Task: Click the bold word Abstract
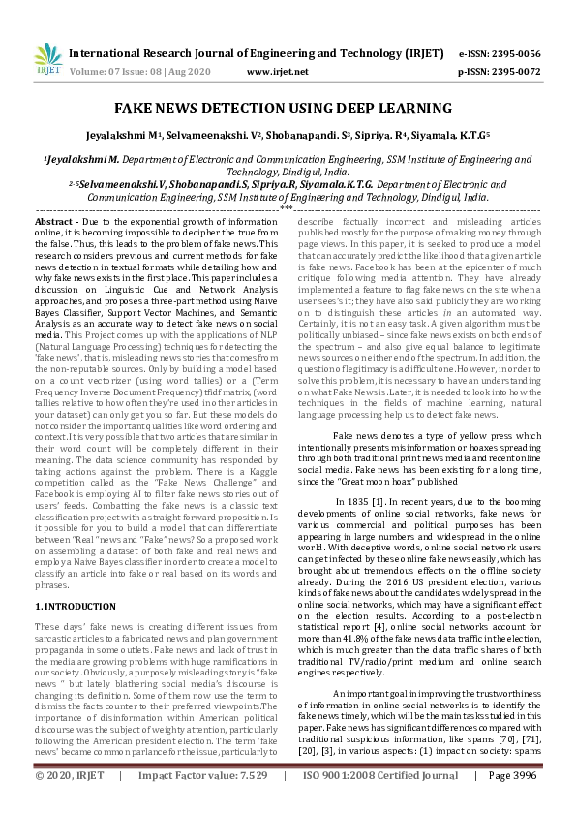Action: pyautogui.click(x=55, y=222)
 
